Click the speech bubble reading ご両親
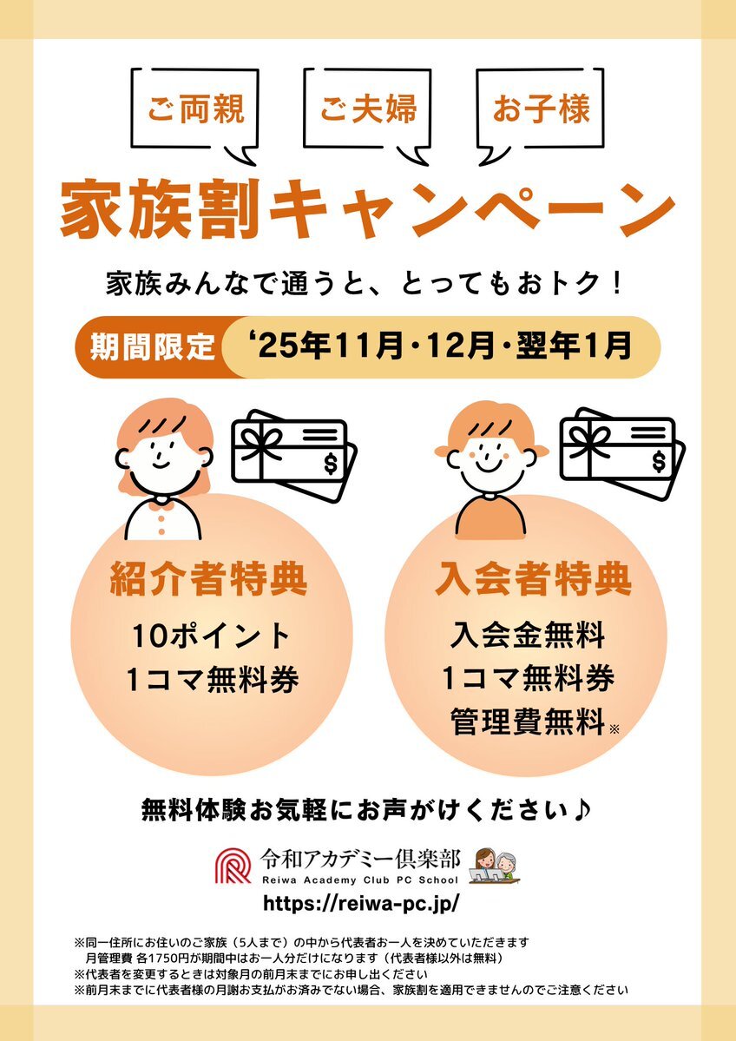[194, 109]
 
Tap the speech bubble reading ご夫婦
[367, 109]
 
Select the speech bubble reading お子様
[540, 109]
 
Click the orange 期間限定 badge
[154, 346]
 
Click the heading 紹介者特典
[209, 580]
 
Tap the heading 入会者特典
[533, 580]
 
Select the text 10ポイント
[211, 636]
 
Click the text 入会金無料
[528, 636]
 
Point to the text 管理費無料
[529, 721]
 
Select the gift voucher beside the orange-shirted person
[622, 453]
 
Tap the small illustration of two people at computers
[495, 866]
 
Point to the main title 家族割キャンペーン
[368, 210]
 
